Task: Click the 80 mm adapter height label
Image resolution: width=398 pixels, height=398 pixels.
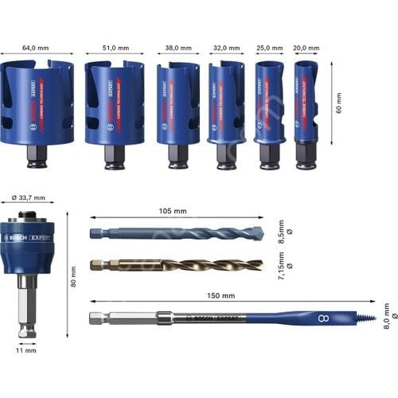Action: pos(72,279)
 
